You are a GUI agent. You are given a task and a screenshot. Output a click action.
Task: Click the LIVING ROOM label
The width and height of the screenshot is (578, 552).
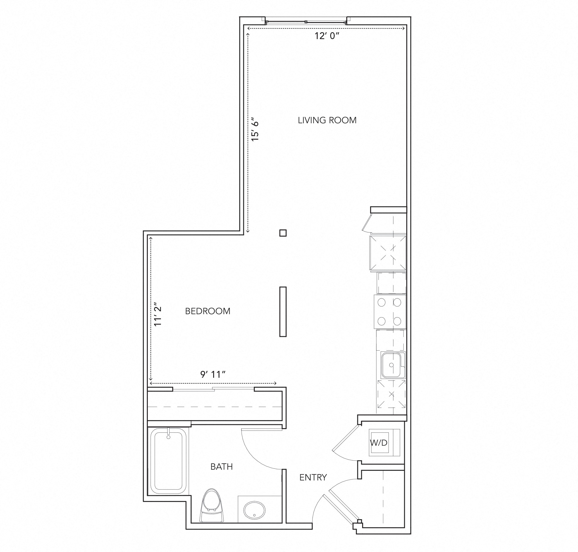(x=327, y=121)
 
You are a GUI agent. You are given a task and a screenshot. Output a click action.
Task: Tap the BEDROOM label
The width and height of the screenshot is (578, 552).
(x=207, y=311)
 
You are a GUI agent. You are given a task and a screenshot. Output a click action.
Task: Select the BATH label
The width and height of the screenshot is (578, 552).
(x=221, y=466)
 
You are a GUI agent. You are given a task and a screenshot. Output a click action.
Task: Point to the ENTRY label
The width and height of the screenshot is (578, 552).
(x=313, y=477)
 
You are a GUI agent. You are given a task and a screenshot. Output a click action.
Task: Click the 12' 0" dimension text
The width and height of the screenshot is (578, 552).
(x=327, y=36)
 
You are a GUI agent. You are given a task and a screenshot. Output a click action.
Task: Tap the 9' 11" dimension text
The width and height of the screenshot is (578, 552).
(x=213, y=374)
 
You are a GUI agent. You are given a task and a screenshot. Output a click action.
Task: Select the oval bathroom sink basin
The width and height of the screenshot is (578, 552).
(x=254, y=511)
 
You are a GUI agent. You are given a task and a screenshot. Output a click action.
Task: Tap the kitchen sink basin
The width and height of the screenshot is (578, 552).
(x=392, y=365)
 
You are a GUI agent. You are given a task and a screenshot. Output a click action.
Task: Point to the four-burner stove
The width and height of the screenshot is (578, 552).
(x=389, y=312)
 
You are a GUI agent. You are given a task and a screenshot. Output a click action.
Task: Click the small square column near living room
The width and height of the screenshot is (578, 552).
(x=283, y=233)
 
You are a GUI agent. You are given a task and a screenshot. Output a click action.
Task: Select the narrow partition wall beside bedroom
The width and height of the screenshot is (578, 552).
(x=283, y=312)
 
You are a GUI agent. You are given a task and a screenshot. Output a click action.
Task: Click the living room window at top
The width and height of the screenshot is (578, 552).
(x=306, y=21)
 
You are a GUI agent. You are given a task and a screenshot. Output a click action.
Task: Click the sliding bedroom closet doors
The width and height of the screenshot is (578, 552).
(x=213, y=389)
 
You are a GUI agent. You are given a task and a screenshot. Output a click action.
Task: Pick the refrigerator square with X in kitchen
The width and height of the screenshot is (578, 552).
(x=388, y=253)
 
